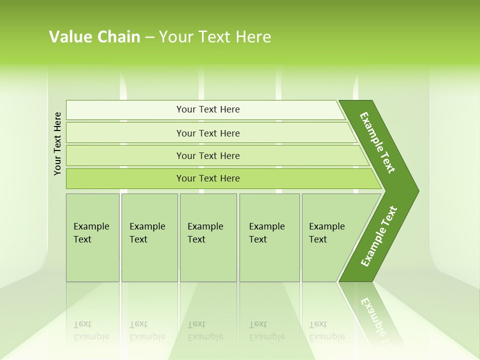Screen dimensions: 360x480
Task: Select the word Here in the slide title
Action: point(253,37)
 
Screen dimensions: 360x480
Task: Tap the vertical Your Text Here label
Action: point(57,143)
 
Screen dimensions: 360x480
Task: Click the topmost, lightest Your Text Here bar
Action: point(207,109)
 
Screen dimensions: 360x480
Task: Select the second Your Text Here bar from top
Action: point(207,133)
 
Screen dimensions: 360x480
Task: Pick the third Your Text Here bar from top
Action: point(207,155)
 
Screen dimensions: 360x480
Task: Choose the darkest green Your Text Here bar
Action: point(207,178)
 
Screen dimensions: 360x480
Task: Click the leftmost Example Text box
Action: point(92,237)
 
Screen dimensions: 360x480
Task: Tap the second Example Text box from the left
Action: point(149,237)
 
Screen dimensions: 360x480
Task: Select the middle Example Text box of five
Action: point(208,237)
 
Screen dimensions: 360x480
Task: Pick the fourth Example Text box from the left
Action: point(269,237)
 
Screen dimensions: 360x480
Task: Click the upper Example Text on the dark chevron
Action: point(377,142)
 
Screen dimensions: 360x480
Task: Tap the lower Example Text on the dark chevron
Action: point(378,236)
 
